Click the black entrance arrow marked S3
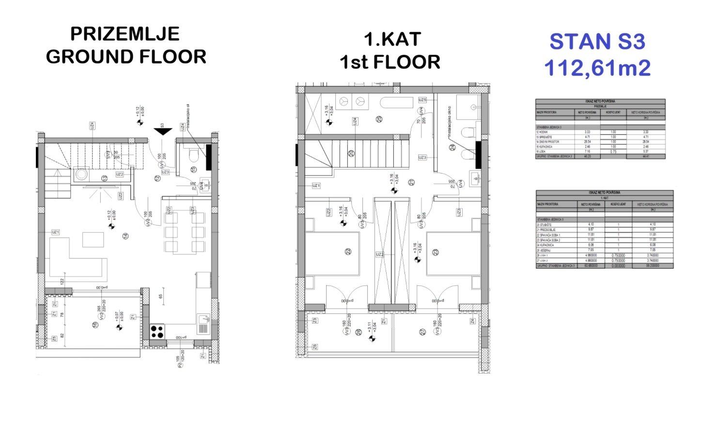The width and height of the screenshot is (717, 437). click(x=163, y=131)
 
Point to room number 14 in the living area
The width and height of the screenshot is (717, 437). click(x=125, y=236)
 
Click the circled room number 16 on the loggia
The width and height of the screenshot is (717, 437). click(x=95, y=325)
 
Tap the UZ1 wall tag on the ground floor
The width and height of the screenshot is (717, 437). click(x=56, y=233)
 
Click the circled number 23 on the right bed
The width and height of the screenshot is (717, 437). click(x=436, y=252)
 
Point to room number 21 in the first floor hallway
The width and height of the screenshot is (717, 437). click(x=411, y=182)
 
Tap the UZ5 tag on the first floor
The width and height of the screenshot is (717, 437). click(x=422, y=100)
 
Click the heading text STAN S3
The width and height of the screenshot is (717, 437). click(x=597, y=42)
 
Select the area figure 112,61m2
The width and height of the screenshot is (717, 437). click(x=597, y=68)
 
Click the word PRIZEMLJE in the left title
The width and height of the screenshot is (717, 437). click(x=125, y=34)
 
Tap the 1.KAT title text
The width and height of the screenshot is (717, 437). click(x=392, y=40)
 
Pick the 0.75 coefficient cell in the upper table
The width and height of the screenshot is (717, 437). click(x=613, y=152)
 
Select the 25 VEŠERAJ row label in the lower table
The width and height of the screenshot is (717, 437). click(x=546, y=250)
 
